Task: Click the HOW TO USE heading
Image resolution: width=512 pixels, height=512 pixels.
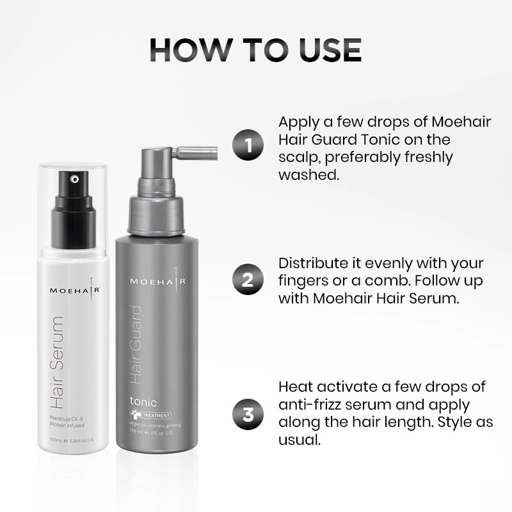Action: [x=255, y=51]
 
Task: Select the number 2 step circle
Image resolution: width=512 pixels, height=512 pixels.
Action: [x=248, y=280]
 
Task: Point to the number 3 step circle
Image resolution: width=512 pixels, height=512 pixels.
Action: [x=248, y=414]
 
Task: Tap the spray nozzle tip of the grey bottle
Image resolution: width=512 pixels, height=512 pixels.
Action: [x=214, y=154]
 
